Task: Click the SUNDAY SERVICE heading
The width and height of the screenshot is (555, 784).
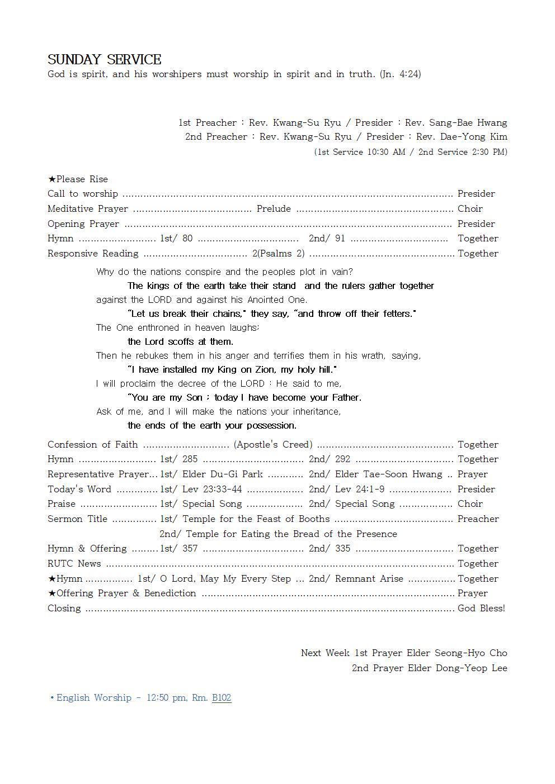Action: tap(104, 60)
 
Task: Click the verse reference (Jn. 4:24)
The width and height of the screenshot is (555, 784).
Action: tap(400, 74)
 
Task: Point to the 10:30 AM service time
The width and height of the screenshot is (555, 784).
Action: tap(384, 152)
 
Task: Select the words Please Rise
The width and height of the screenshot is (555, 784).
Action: tap(82, 179)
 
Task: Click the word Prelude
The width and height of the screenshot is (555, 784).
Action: tap(274, 208)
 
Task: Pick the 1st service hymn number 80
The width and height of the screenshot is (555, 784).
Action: tap(187, 238)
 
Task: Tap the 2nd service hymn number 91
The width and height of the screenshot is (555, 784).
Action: tap(340, 238)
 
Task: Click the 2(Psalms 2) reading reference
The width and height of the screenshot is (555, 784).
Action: tap(278, 253)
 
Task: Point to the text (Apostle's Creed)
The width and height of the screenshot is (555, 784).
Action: tap(273, 444)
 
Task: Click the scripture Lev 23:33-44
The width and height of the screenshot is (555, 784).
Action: tap(212, 489)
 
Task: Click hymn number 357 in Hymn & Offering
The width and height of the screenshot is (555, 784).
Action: tap(190, 548)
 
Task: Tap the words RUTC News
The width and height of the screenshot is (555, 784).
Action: tap(74, 563)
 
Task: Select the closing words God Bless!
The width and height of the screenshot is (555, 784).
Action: tap(481, 608)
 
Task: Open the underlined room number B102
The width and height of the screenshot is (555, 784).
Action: tap(222, 697)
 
